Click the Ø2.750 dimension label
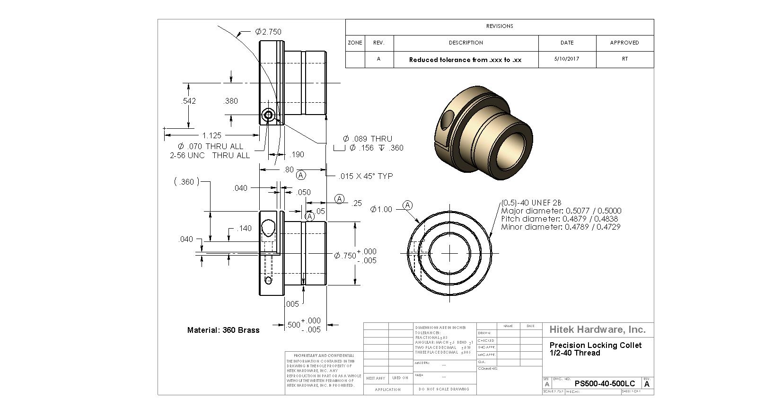[268, 32]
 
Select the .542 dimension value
[188, 101]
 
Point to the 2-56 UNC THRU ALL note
[210, 155]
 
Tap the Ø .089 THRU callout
[368, 139]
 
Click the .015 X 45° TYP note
[366, 176]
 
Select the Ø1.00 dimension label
[381, 209]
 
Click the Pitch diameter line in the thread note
[559, 219]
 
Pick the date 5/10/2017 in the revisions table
[567, 59]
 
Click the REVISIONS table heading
[499, 27]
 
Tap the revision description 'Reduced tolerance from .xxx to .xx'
[465, 60]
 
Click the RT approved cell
[625, 59]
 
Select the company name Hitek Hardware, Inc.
[597, 329]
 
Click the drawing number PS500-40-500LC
[605, 384]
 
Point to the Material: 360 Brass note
[223, 330]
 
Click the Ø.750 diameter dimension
[345, 256]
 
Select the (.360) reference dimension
[187, 182]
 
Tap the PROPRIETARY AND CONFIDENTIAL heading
[324, 356]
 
